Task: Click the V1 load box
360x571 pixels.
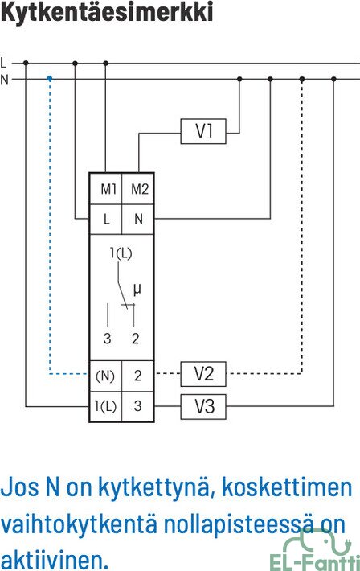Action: pos(203,131)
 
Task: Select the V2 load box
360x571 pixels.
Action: pos(203,374)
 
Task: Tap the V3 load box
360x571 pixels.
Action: pos(203,406)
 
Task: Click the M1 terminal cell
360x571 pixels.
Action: pos(106,189)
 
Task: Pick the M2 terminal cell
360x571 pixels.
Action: pos(137,189)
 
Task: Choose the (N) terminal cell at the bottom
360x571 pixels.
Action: pos(106,376)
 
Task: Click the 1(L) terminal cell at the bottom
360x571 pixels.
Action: pos(106,406)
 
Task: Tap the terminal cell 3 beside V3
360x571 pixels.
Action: pos(137,406)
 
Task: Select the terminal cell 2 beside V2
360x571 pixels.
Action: pos(137,376)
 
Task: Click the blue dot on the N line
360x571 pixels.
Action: pos(50,78)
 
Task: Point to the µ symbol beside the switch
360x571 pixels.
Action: pos(137,290)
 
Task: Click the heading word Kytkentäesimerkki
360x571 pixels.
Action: pos(107,12)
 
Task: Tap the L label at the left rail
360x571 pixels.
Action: pos(4,63)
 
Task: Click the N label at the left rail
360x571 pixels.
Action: pos(4,80)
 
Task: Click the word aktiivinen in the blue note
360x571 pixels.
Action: pos(55,559)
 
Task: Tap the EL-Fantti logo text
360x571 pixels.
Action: pos(314,562)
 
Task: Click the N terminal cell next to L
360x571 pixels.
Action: pos(137,219)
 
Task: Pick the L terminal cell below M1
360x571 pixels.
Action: pos(106,219)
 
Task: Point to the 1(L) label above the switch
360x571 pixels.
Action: pos(121,253)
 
